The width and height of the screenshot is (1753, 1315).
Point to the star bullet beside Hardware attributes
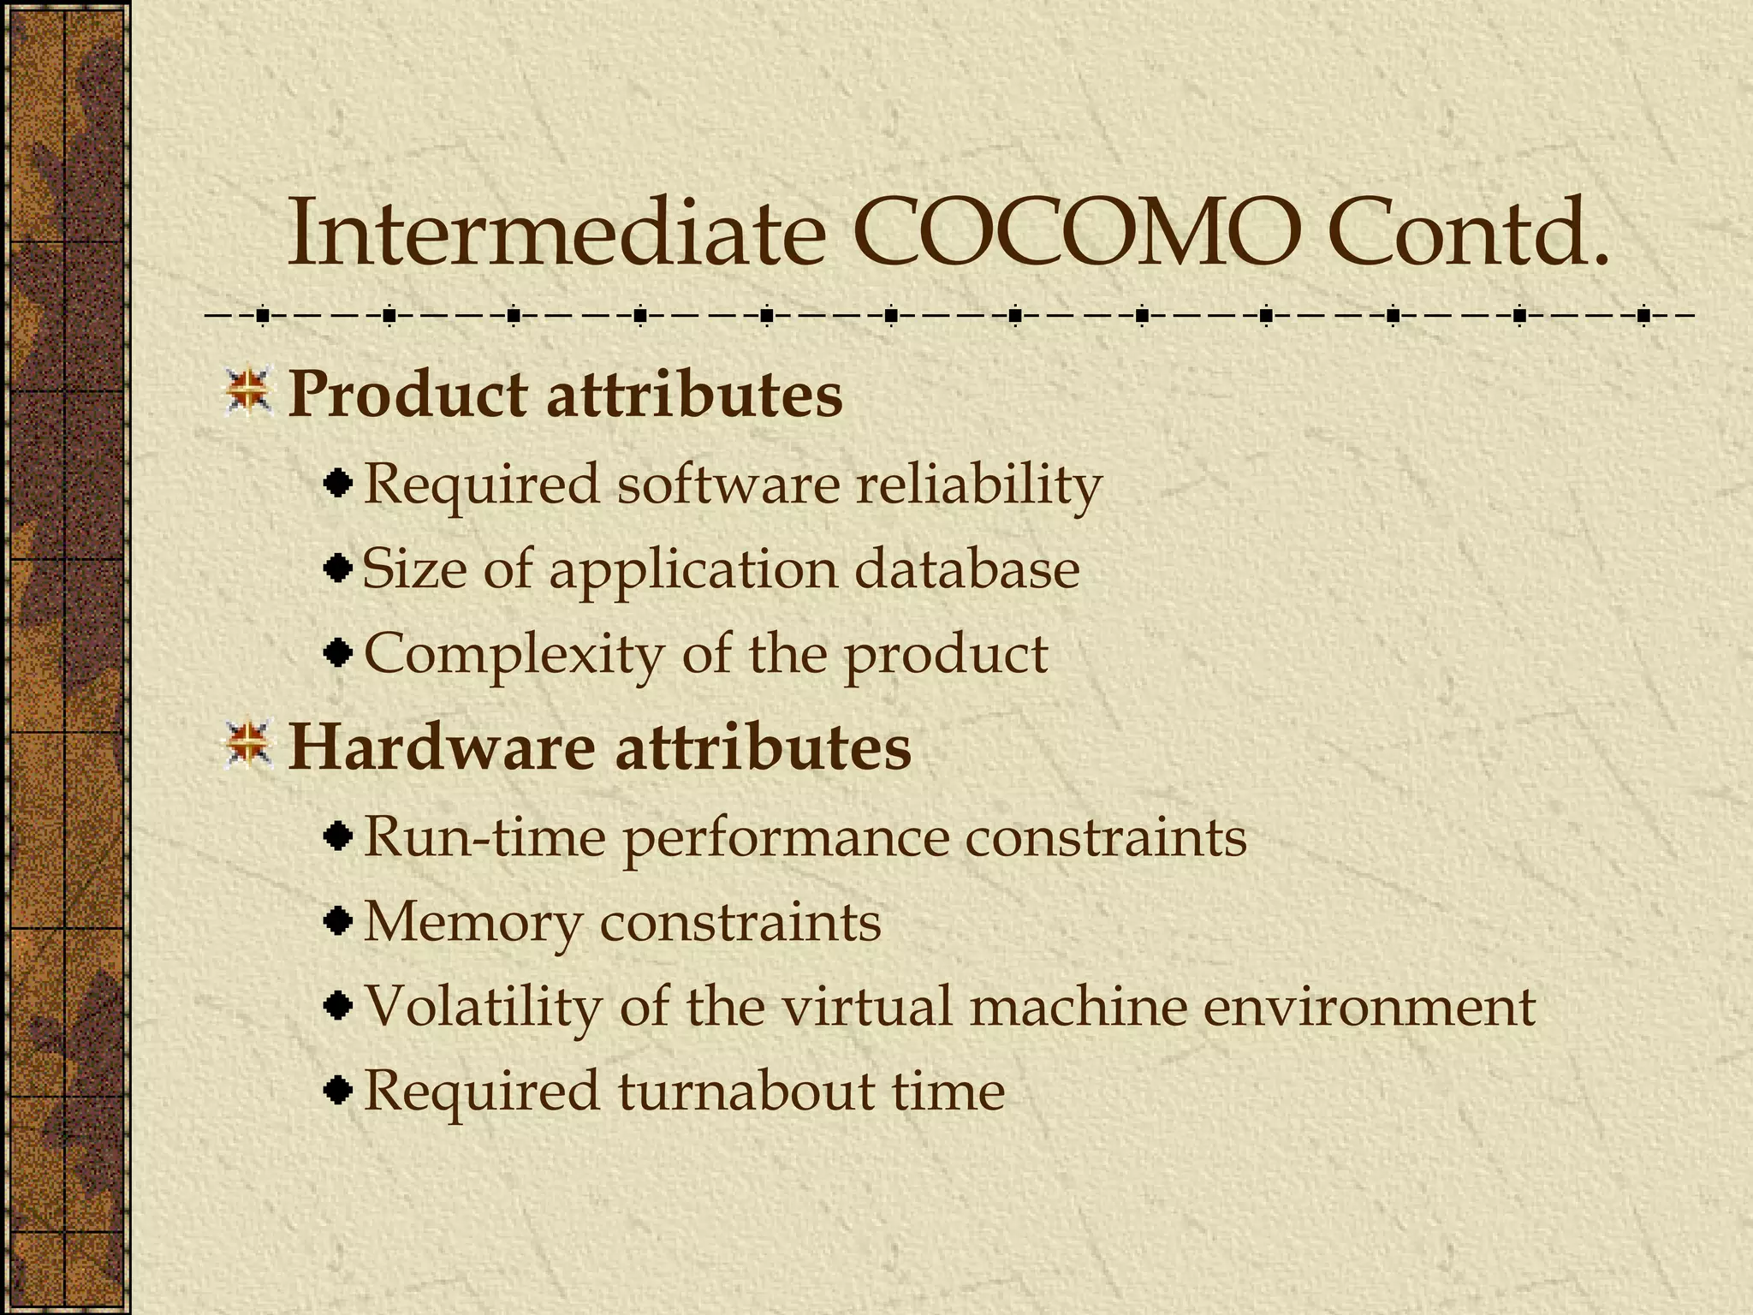pos(248,744)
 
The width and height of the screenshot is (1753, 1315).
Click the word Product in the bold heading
pos(407,396)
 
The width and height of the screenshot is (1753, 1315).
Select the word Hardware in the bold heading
pos(441,747)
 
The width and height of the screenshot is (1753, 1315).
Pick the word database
pos(967,568)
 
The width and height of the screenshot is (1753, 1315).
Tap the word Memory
pos(472,922)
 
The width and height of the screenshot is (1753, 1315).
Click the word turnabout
pos(745,1091)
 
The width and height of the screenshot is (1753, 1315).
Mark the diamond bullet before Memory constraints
pos(340,921)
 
